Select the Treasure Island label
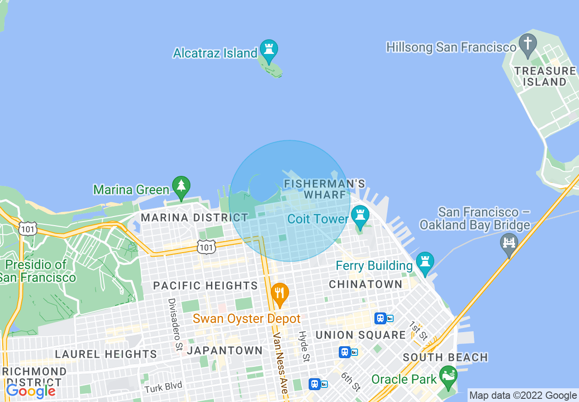[545, 76]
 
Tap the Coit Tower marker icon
[360, 217]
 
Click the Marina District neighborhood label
[194, 218]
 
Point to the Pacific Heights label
[205, 286]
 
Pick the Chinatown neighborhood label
[366, 284]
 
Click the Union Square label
[360, 335]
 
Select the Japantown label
[225, 350]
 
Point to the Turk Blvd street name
[163, 387]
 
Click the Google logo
[30, 391]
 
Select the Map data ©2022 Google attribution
[523, 396]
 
